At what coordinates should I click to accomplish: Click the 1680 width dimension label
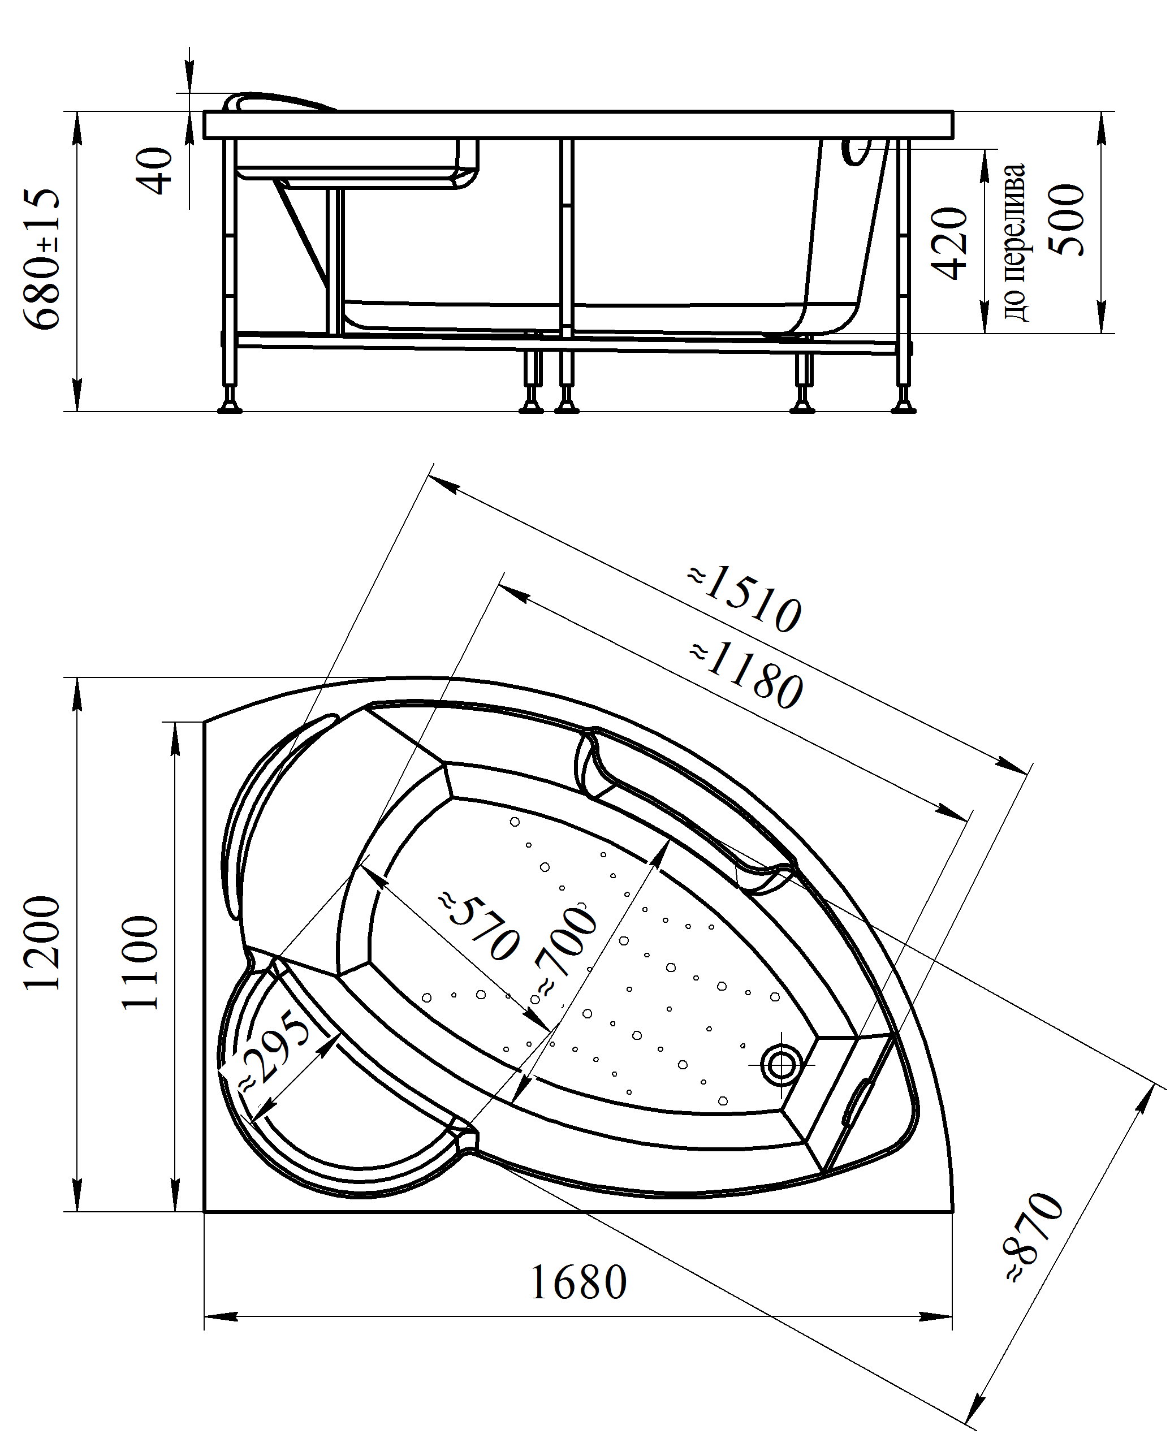click(578, 1282)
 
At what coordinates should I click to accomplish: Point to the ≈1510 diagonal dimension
click(744, 600)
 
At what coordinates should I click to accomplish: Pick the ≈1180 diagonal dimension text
click(746, 676)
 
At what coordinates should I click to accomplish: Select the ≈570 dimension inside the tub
click(480, 927)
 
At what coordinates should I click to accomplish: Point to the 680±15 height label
click(42, 259)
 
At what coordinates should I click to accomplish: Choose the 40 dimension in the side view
click(159, 171)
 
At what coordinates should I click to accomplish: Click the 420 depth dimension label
click(949, 243)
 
